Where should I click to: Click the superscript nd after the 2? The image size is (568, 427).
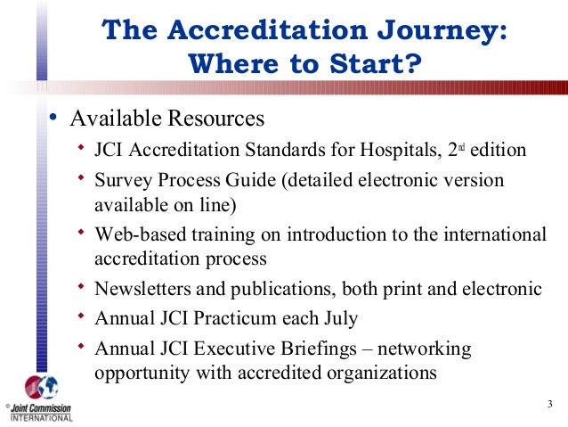point(463,144)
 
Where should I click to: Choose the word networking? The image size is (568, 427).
point(426,348)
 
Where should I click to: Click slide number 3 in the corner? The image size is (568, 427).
point(549,408)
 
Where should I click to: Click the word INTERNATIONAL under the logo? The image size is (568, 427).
point(41,418)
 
